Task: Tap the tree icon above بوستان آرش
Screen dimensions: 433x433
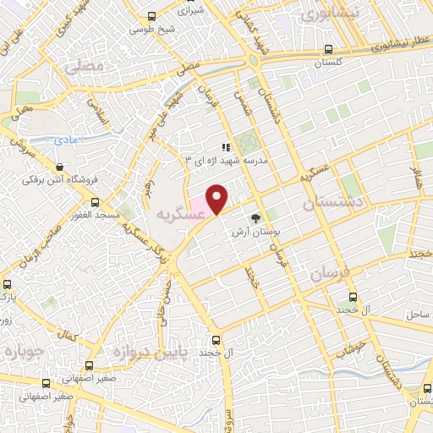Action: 255,218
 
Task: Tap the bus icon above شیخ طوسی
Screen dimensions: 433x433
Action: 151,16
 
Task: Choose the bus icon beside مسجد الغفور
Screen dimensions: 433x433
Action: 95,204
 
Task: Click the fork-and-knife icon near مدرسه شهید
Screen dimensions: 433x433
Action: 225,148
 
